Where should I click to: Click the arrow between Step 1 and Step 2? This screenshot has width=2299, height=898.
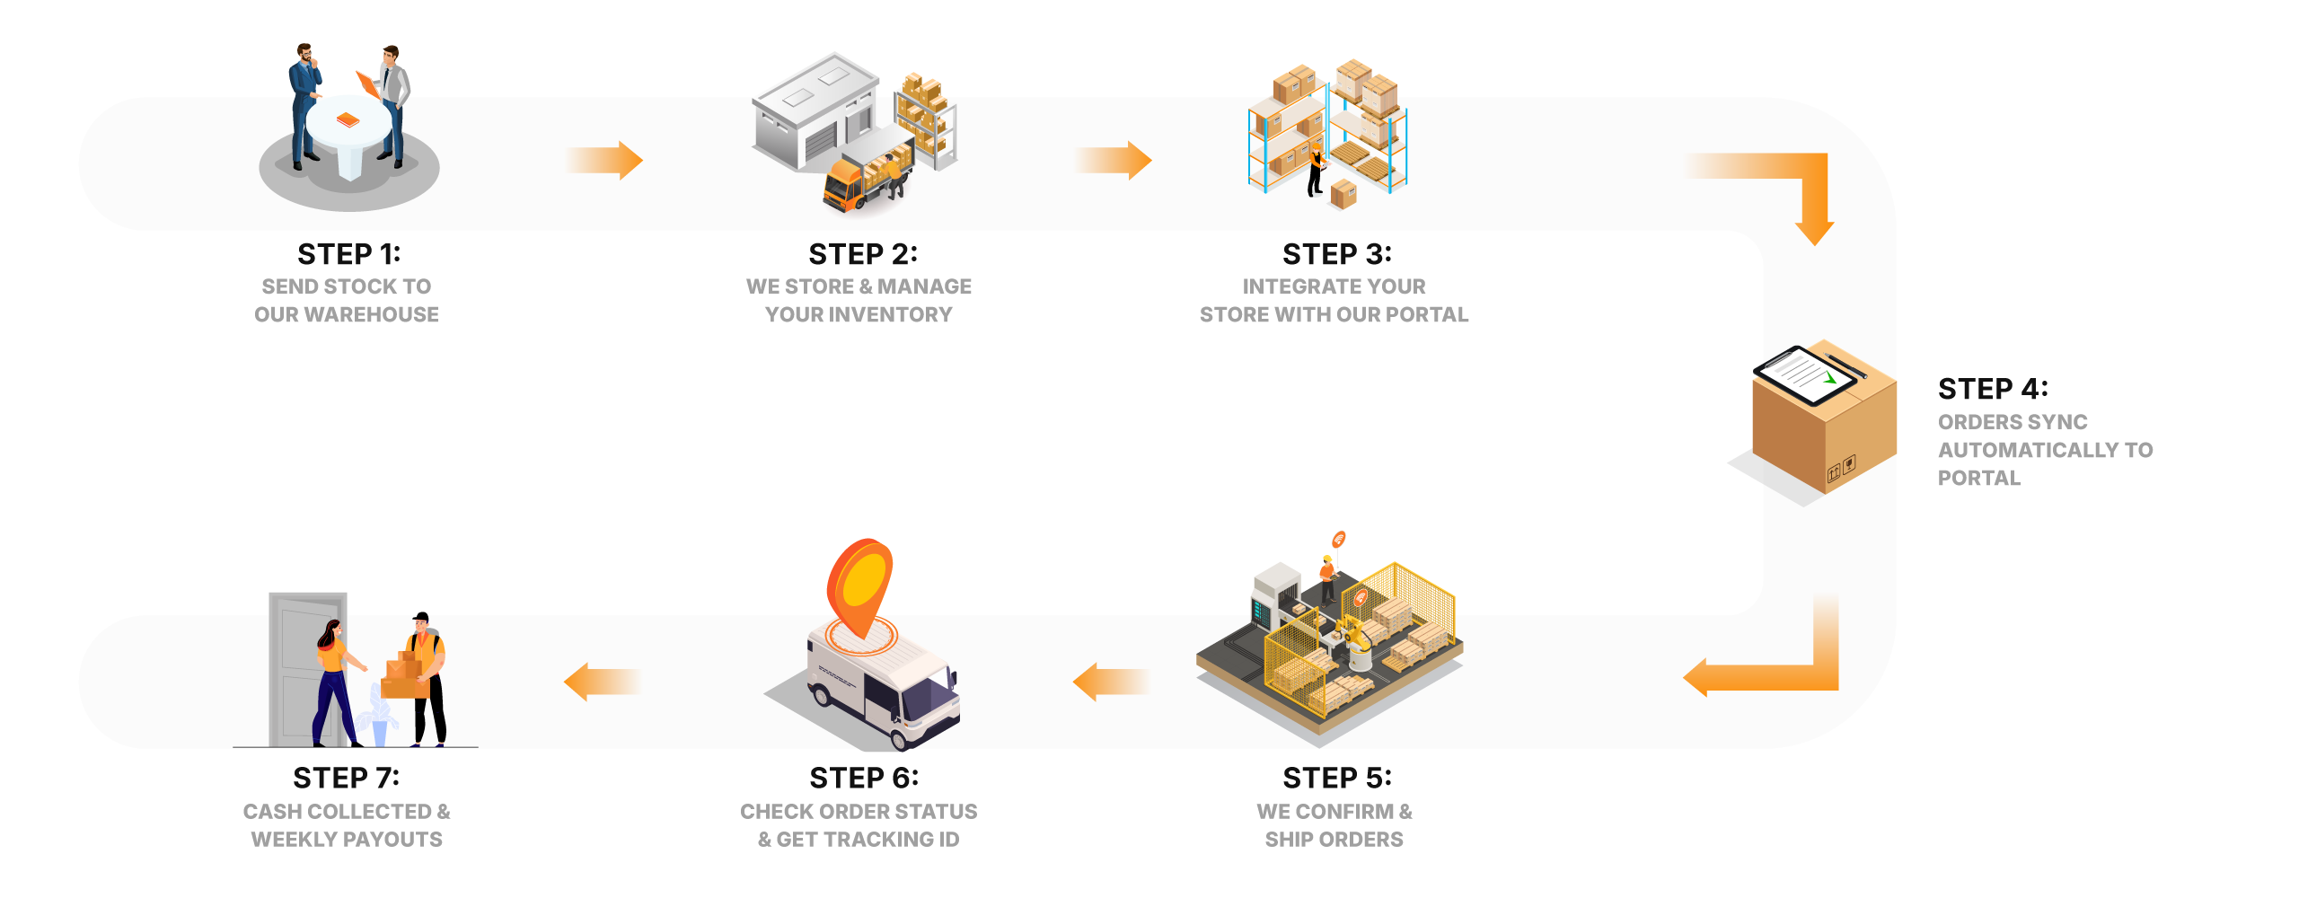click(x=606, y=161)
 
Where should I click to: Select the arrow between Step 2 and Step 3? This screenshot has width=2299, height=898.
click(x=1115, y=161)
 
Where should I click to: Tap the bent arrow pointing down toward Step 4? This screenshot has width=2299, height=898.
click(x=1787, y=189)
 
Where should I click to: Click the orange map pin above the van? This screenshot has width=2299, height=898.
click(x=859, y=584)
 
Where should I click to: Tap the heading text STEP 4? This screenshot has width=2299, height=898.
click(x=1993, y=389)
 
